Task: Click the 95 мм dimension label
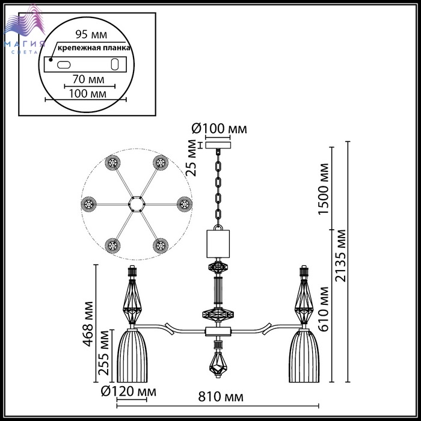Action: coord(91,34)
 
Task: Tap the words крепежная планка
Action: coord(94,48)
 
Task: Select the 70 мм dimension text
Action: coord(88,79)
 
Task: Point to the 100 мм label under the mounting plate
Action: coord(88,93)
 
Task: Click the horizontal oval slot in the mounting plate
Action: coord(64,65)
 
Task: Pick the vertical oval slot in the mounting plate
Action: coord(115,64)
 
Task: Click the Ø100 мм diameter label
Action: coord(219,129)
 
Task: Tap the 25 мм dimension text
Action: coord(192,158)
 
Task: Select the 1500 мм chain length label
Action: coord(324,189)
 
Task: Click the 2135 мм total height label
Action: coord(341,256)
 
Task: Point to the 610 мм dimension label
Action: coord(324,309)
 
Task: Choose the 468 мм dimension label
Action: coord(88,324)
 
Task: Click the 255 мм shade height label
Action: coord(104,353)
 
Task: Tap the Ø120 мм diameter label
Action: coord(128,392)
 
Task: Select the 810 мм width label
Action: coord(221,396)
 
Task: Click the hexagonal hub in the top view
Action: coord(137,204)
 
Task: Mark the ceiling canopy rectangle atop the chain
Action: coord(218,146)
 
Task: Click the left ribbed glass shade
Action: coord(132,356)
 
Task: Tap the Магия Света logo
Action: coord(24,29)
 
